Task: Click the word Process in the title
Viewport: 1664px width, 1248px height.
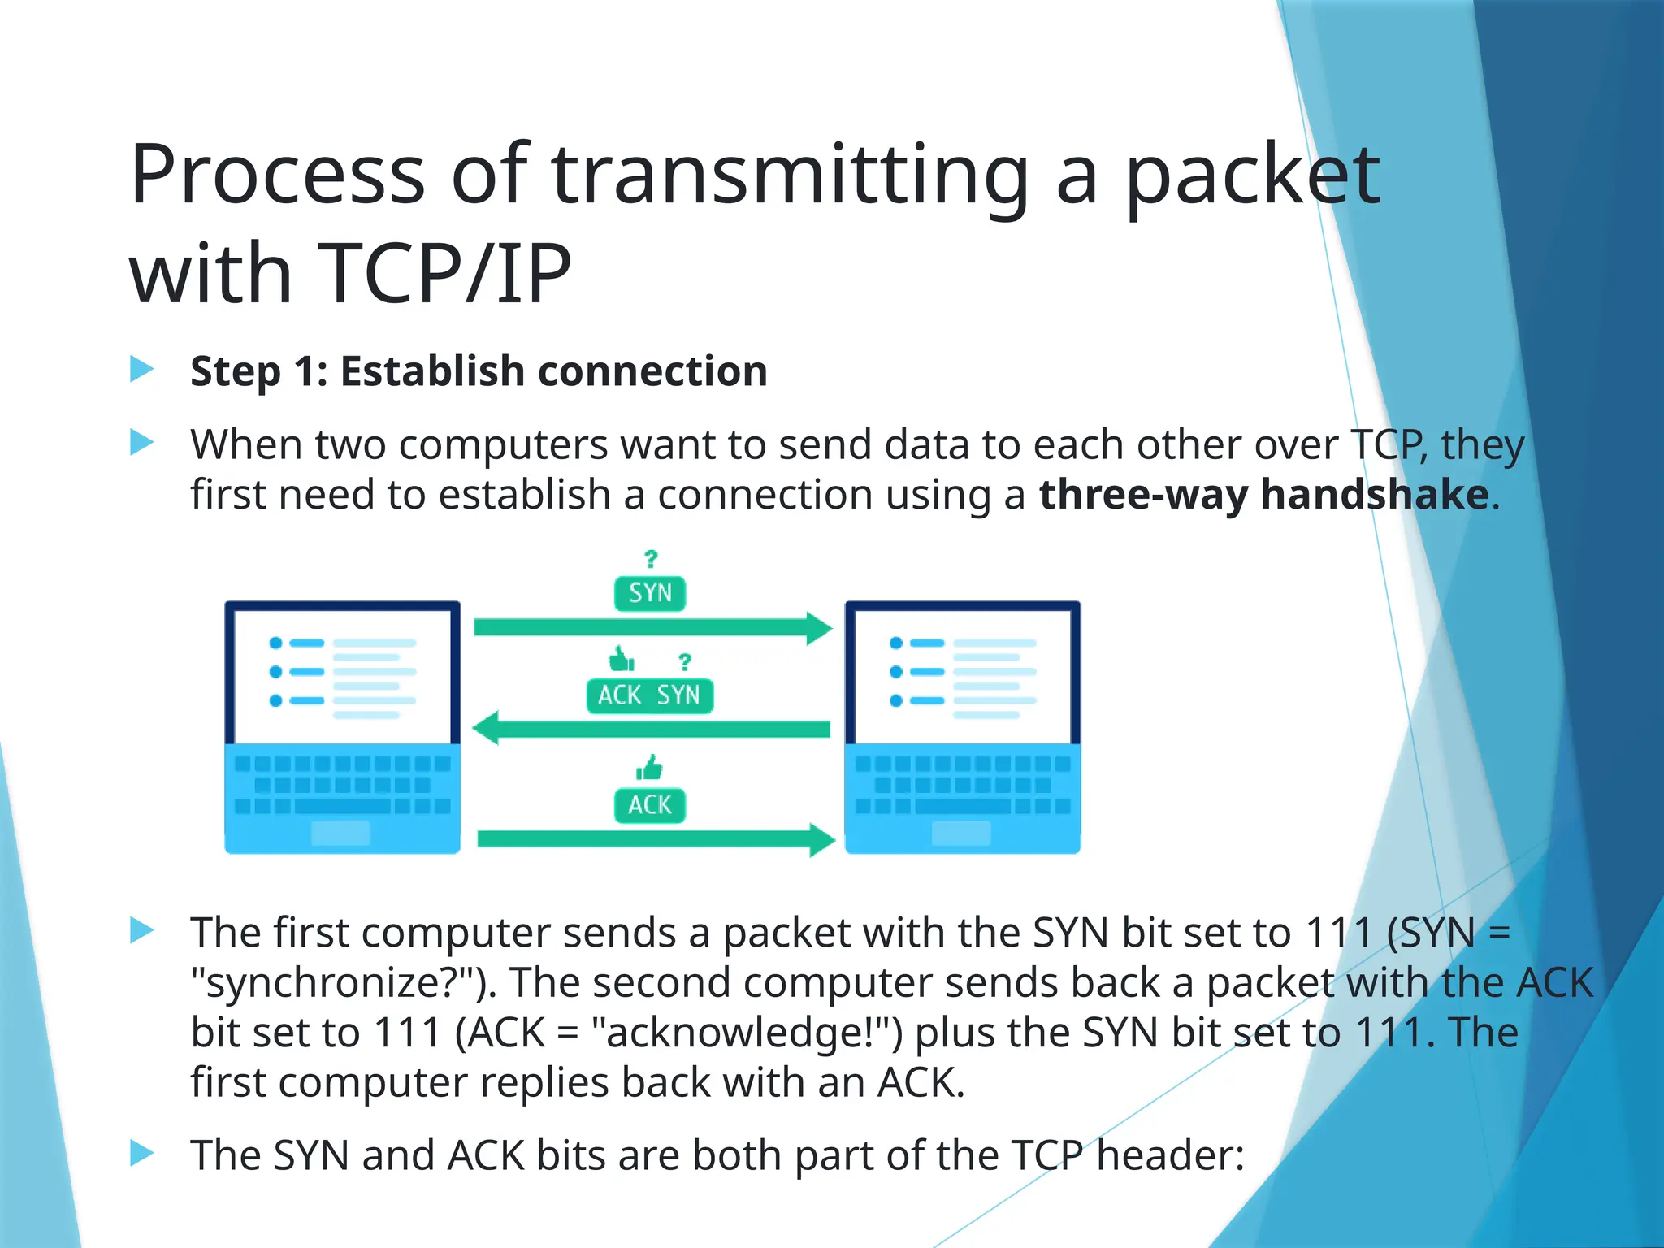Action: coord(277,175)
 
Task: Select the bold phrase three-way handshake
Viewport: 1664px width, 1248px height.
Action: coord(1263,494)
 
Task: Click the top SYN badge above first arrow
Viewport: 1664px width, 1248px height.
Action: coord(650,593)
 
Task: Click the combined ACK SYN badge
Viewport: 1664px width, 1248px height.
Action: coord(649,695)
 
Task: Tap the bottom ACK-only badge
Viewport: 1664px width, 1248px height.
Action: coord(650,805)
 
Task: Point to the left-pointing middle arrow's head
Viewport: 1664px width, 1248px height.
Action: coord(486,728)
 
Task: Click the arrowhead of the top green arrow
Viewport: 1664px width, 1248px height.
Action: coord(819,627)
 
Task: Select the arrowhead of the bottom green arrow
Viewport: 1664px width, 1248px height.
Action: coord(821,839)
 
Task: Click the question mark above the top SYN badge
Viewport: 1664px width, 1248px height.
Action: coord(651,559)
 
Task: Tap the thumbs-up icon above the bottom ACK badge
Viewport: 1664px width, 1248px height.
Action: coord(649,767)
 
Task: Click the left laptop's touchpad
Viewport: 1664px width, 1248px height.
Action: coord(340,833)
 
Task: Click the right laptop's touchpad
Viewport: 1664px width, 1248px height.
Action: coord(961,833)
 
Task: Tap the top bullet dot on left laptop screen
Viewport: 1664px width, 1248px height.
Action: coord(275,643)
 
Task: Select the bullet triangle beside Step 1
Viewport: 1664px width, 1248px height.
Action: coord(142,370)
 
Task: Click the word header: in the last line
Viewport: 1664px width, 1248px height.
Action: coord(1170,1155)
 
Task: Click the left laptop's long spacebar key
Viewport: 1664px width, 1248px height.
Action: coord(342,806)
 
